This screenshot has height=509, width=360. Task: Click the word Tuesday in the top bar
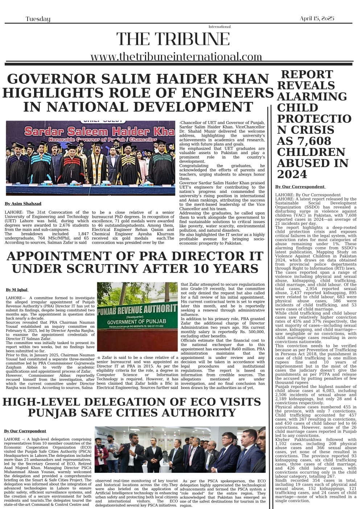click(38, 19)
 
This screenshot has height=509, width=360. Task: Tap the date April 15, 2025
click(317, 18)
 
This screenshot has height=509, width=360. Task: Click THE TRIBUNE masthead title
click(173, 39)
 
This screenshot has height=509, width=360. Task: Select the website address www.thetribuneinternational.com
click(176, 57)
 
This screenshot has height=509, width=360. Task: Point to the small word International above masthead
click(219, 27)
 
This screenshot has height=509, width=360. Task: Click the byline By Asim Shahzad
click(23, 204)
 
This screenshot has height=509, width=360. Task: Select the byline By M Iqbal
click(17, 290)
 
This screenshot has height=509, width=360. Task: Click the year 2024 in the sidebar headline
click(291, 174)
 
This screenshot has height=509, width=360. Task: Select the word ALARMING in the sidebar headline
click(312, 96)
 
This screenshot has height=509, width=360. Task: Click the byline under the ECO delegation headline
click(25, 431)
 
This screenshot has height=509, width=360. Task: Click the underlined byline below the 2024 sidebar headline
click(300, 187)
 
